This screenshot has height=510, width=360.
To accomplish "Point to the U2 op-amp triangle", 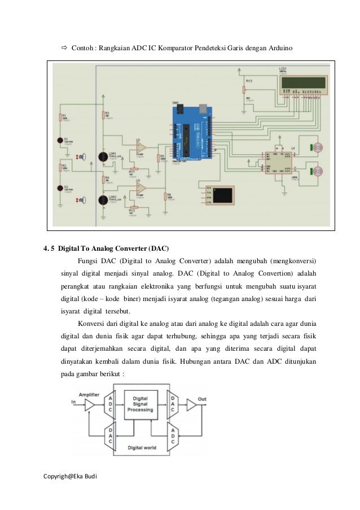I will tap(141, 147).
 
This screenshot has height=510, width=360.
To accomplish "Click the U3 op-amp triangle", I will tap(141, 187).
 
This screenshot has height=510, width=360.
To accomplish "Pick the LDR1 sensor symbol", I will tap(103, 157).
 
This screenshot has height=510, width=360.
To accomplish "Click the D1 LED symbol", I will tap(60, 140).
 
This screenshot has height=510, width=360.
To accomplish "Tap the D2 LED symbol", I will tap(60, 188).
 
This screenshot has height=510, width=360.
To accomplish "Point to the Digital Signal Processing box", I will tap(141, 405).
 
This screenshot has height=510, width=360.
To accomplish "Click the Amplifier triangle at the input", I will tap(89, 403).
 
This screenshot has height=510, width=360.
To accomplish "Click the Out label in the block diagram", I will tap(202, 399).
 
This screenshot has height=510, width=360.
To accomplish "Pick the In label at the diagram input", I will tap(73, 402).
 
